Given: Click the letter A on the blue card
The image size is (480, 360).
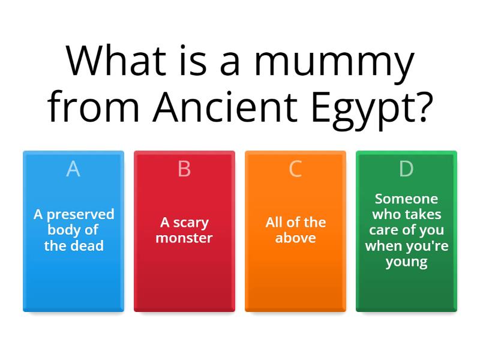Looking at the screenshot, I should coord(73,169).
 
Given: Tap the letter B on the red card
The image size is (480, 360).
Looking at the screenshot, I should coord(184,169).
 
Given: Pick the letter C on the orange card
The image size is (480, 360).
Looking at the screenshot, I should coord(295,169).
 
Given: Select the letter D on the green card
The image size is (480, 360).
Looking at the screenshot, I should coord(406,169).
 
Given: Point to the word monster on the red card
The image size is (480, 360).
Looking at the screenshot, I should coord(184,238).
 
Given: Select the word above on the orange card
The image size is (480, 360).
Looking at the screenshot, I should coord(295,238).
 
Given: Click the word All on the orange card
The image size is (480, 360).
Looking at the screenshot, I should coord(274,223).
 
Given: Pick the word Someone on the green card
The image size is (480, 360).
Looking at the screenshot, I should coord(406,199).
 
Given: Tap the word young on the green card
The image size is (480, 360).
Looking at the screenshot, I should coord(406,262).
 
